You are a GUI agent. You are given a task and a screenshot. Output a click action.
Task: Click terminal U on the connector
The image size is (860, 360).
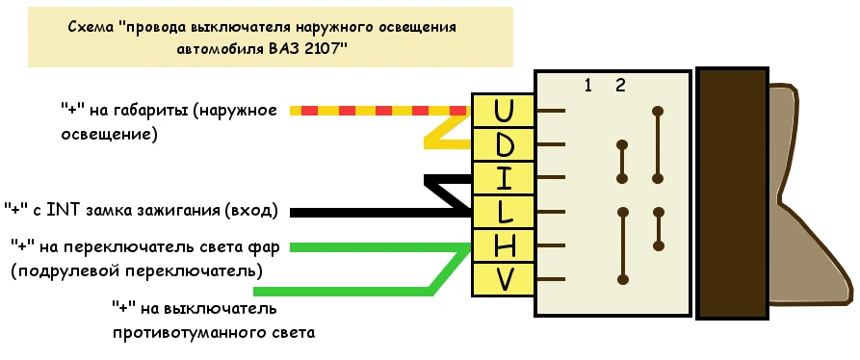click(x=503, y=111)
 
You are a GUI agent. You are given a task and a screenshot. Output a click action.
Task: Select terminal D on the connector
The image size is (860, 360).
click(x=503, y=144)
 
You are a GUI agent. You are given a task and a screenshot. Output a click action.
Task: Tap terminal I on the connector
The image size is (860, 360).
click(x=503, y=178)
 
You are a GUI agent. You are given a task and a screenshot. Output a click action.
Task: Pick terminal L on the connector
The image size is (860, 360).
click(x=503, y=212)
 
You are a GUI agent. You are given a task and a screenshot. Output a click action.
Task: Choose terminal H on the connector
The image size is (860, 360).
click(x=503, y=245)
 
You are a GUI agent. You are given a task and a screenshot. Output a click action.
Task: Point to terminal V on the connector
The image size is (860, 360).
click(x=503, y=279)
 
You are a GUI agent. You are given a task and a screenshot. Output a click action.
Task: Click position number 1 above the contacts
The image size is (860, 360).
click(x=588, y=85)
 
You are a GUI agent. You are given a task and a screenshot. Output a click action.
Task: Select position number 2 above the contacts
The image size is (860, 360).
click(x=620, y=85)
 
